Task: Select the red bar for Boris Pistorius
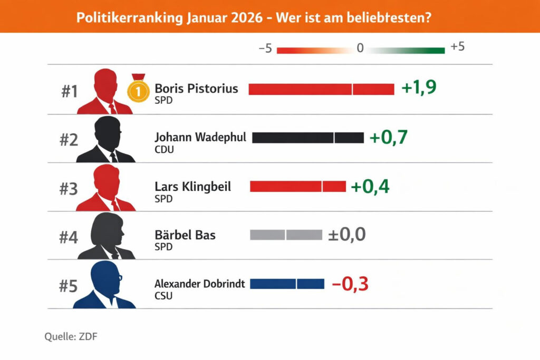(x=321, y=89)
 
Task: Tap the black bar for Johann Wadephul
(x=308, y=138)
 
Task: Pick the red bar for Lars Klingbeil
(x=297, y=186)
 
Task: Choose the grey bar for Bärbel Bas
(x=286, y=235)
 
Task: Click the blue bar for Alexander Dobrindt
(x=287, y=284)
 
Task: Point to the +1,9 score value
(x=419, y=88)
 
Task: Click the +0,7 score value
(x=389, y=137)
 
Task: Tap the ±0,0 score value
(x=346, y=235)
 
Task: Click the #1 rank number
(x=69, y=92)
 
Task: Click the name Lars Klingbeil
(x=192, y=187)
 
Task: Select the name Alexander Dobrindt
(x=199, y=284)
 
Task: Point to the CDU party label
(x=164, y=149)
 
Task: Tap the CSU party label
(x=163, y=296)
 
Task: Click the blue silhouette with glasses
(x=105, y=285)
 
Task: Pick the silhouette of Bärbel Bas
(x=107, y=237)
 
